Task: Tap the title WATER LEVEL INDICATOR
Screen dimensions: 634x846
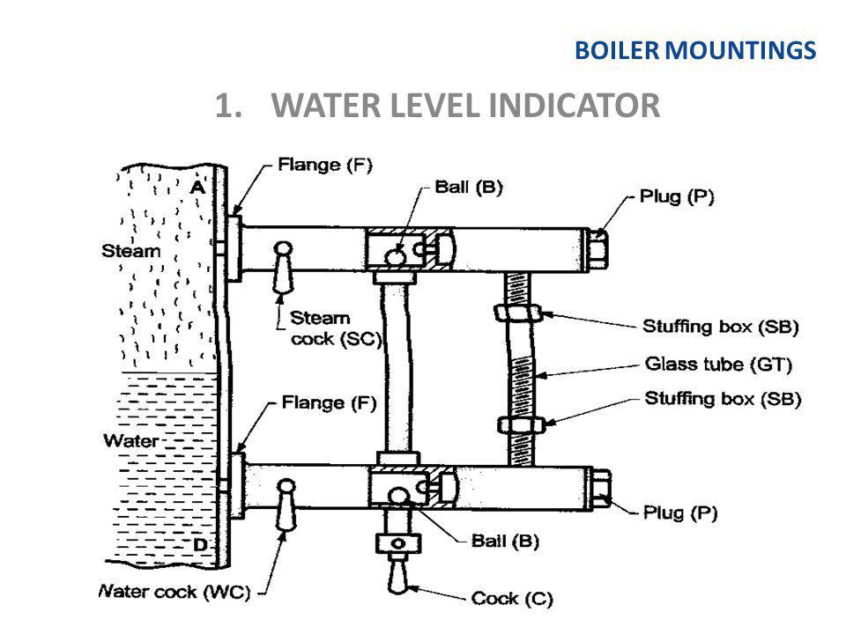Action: [437, 107]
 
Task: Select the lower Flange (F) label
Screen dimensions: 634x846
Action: [330, 405]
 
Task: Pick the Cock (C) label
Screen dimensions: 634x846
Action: [512, 600]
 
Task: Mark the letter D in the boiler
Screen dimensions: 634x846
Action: [200, 546]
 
